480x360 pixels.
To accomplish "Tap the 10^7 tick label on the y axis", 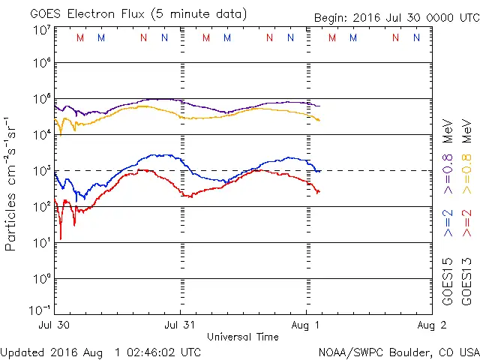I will pyautogui.click(x=41, y=30).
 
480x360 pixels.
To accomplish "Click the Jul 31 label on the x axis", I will pyautogui.click(x=180, y=325).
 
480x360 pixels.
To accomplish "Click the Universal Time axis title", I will pyautogui.click(x=243, y=337).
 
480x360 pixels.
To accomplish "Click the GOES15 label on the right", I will pyautogui.click(x=448, y=281).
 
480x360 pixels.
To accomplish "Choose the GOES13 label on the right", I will pyautogui.click(x=466, y=281).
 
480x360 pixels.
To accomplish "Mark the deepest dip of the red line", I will pyautogui.click(x=61, y=238).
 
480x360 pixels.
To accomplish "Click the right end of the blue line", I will pyautogui.click(x=320, y=171).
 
